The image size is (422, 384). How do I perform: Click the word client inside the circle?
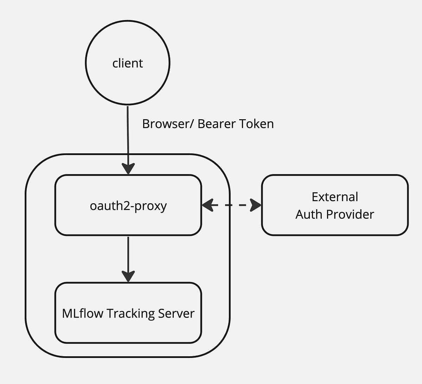pyautogui.click(x=128, y=63)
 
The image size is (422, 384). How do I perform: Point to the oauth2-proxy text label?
pyautogui.click(x=128, y=205)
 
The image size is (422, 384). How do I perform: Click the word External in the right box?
pyautogui.click(x=335, y=197)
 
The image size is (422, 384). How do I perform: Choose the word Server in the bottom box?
pyautogui.click(x=176, y=313)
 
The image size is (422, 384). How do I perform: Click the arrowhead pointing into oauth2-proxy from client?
pyautogui.click(x=128, y=169)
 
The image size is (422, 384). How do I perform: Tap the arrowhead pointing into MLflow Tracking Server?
pyautogui.click(x=128, y=276)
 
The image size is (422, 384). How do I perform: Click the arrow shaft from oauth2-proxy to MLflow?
pyautogui.click(x=128, y=253)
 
